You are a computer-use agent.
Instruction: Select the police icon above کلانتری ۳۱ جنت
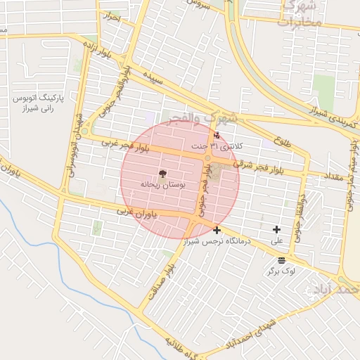coord(216,135)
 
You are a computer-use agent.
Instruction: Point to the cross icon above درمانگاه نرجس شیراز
coord(217,230)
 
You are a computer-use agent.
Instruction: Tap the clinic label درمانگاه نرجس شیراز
coord(217,242)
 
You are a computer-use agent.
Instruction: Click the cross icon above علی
coord(276,229)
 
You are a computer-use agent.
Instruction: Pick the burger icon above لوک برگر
coord(282,260)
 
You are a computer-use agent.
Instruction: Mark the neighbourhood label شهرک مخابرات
coord(301,14)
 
